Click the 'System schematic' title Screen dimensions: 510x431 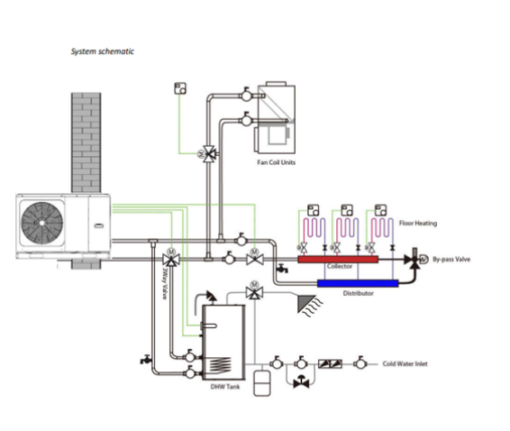tap(103, 51)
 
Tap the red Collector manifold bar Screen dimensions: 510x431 tap(338, 260)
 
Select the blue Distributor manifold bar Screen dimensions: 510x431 tap(358, 283)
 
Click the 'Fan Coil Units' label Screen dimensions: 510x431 tap(276, 162)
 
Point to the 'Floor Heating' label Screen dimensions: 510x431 tap(418, 224)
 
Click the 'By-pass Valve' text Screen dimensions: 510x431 tap(451, 260)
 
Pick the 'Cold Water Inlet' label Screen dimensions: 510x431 tap(405, 364)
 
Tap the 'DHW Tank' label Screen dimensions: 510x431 tap(225, 387)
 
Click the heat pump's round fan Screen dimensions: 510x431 tap(42, 223)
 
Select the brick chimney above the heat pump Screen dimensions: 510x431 tap(87, 142)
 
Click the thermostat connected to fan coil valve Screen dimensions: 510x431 tap(180, 88)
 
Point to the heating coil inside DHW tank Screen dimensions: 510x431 tap(220, 364)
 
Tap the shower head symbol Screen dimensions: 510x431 tap(308, 305)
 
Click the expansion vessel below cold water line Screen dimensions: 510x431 tap(262, 382)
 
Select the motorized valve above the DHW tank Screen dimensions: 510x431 tap(255, 291)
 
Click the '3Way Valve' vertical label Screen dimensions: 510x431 tap(166, 283)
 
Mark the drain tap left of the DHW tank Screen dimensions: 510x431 tap(146, 359)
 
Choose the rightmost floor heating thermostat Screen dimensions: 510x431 tap(380, 210)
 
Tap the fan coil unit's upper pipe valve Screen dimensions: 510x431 tap(246, 95)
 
